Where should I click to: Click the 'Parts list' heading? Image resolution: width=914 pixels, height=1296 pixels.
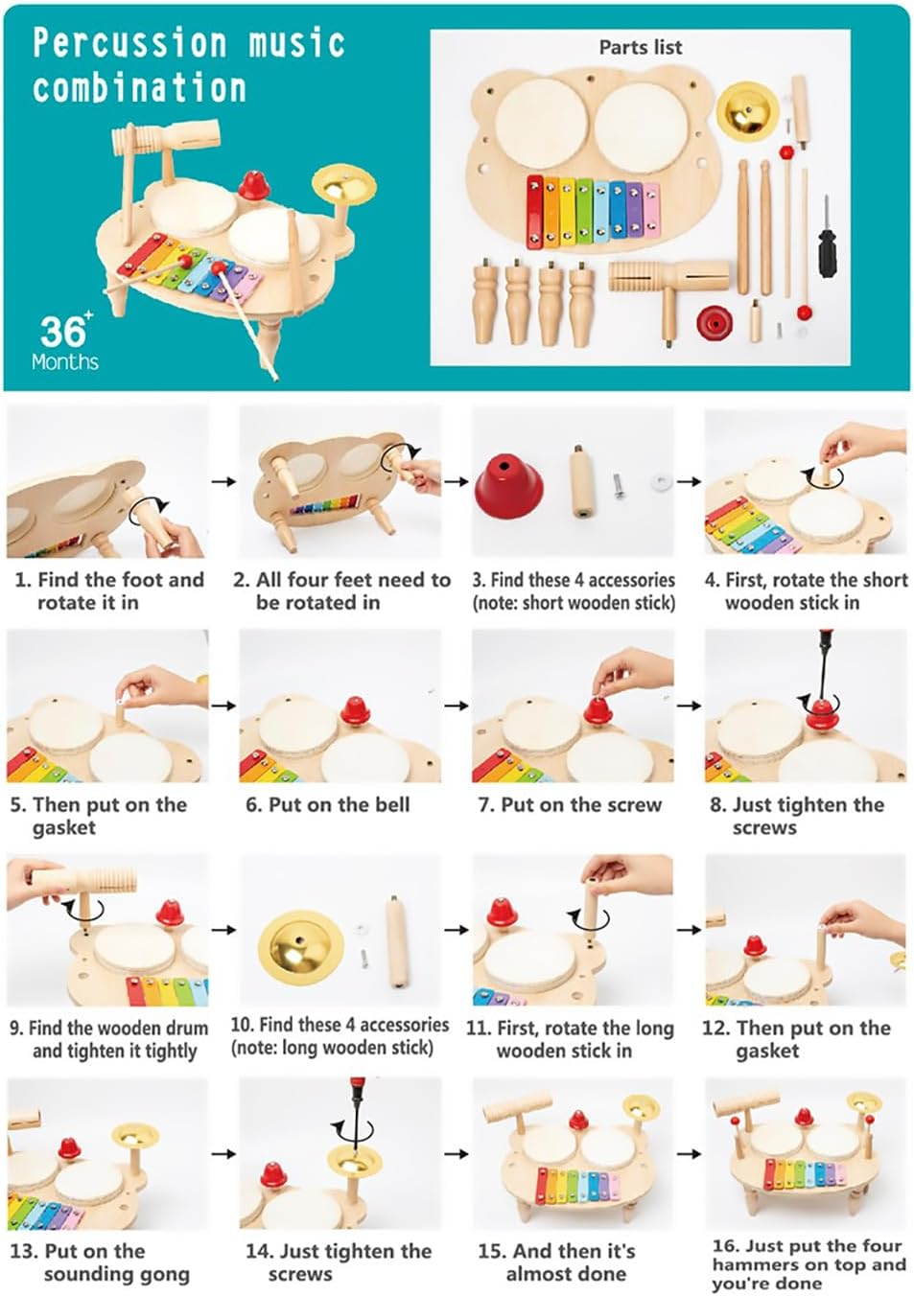pos(640,47)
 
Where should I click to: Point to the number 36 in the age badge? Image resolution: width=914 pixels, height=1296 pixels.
pos(63,333)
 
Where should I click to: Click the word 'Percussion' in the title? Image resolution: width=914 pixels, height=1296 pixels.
pos(129,43)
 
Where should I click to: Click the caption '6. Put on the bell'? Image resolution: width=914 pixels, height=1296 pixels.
pos(327,805)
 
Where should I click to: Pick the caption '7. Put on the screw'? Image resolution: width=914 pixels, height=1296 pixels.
pos(570,805)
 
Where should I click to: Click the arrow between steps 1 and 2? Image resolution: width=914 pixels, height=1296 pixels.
pos(223,481)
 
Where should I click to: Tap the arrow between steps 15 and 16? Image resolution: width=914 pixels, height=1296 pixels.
pos(689,1153)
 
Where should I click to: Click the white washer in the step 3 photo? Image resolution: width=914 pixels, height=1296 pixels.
pos(661,478)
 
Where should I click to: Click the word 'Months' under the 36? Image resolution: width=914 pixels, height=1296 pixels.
pos(64,362)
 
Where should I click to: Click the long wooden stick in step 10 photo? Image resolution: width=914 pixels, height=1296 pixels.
pos(395,939)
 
